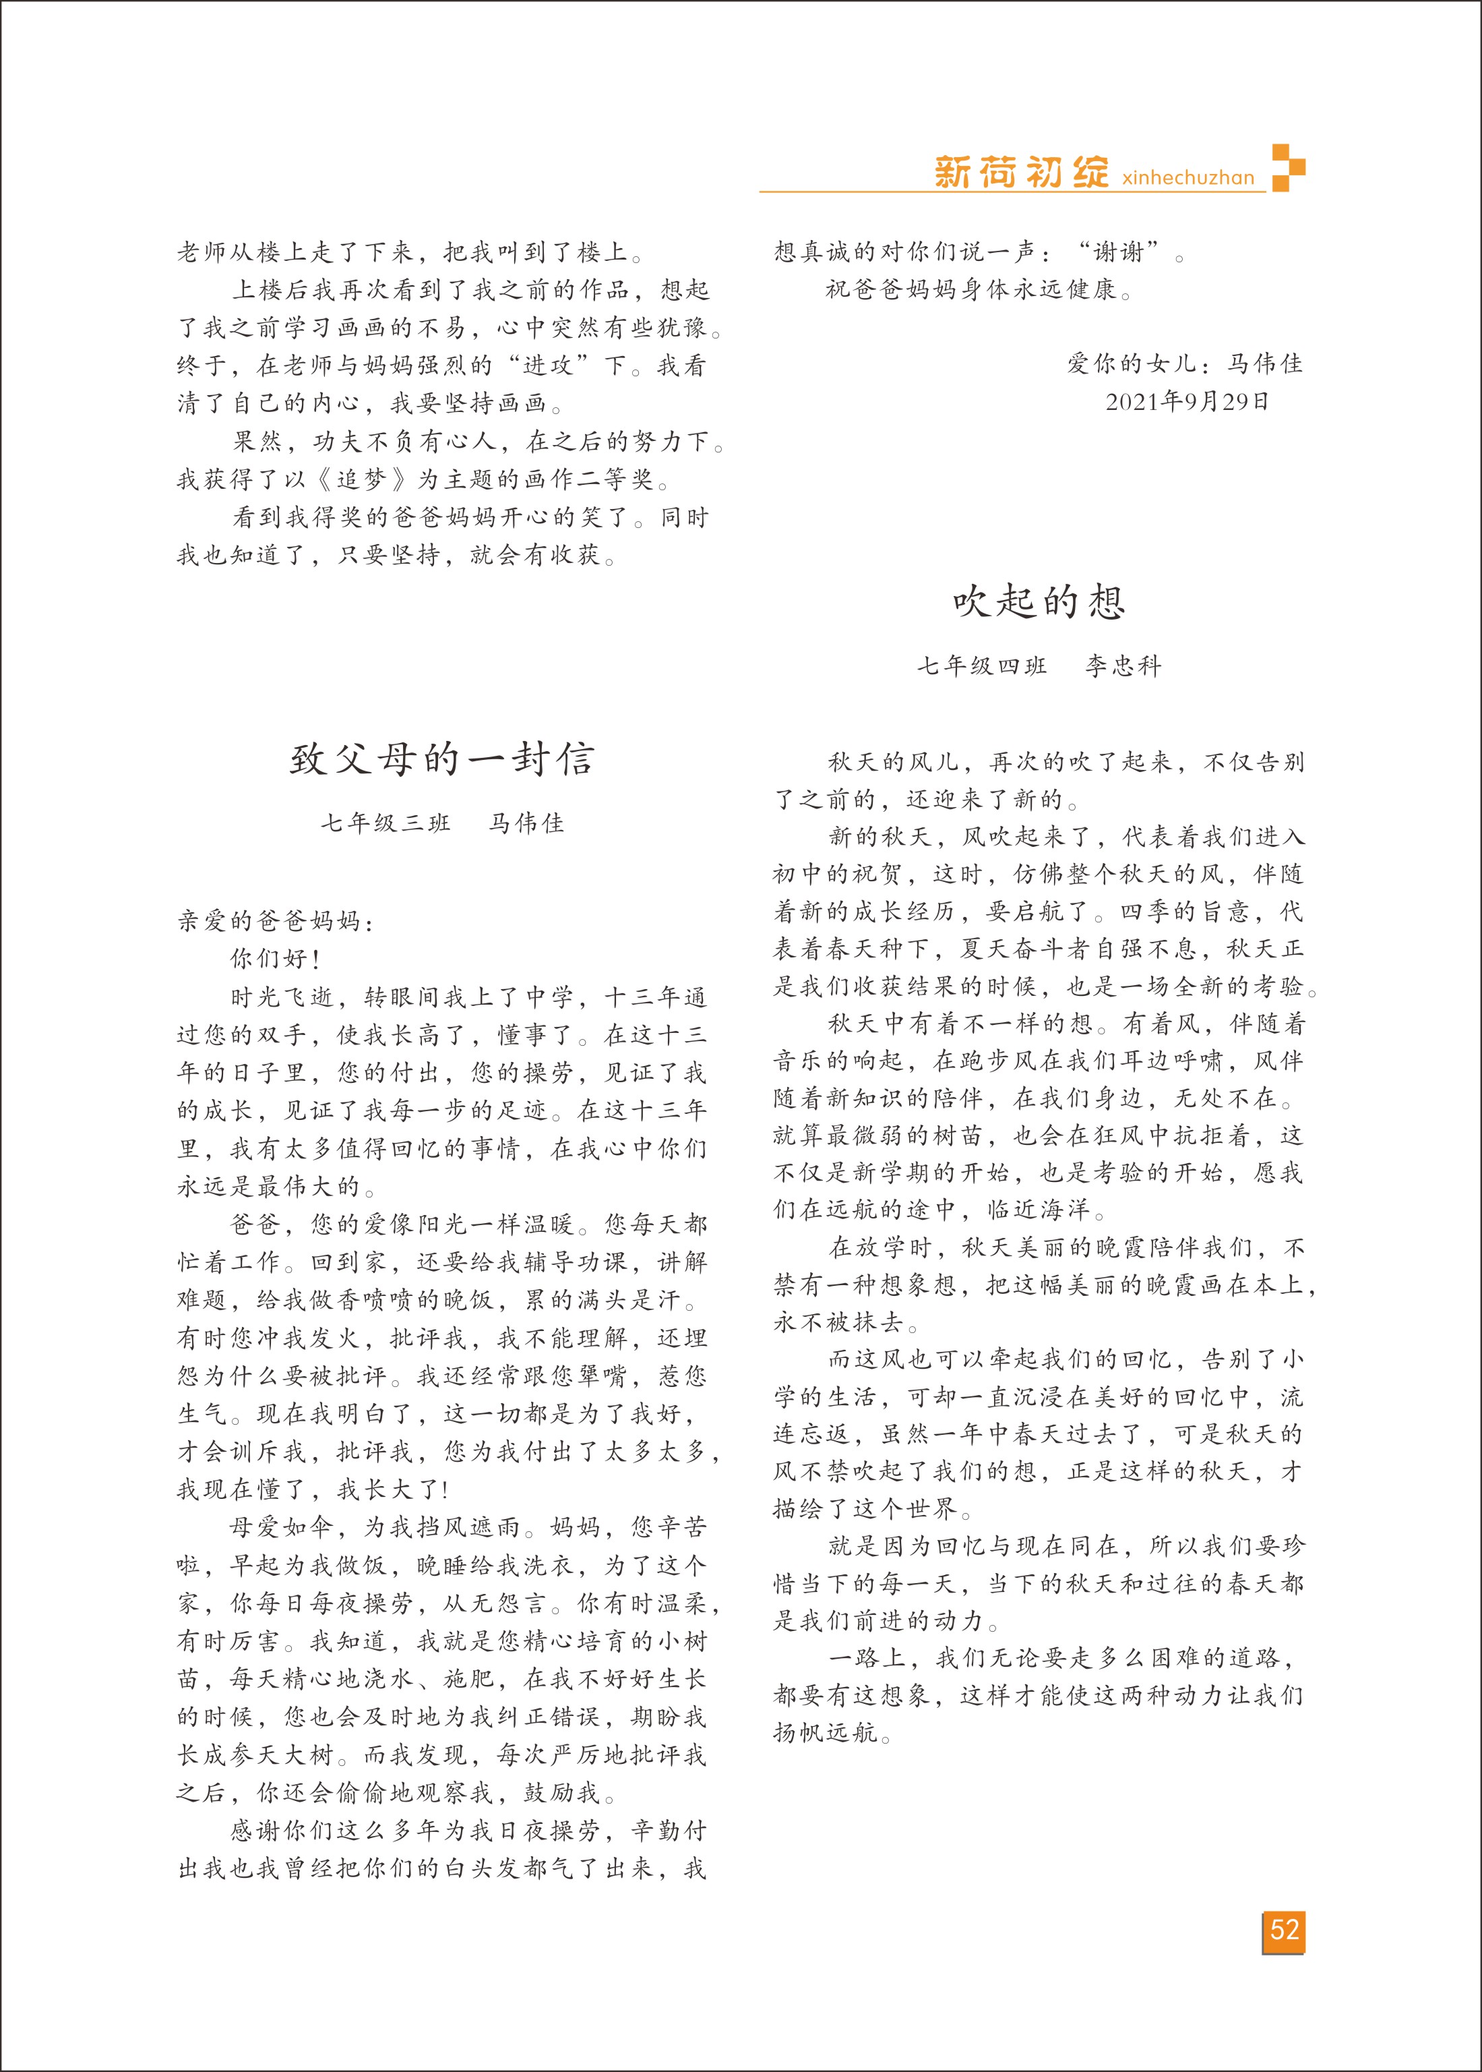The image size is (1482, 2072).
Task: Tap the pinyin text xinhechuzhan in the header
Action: (1188, 177)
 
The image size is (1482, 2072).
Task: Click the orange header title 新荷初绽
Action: (1021, 172)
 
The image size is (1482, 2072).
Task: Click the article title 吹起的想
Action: (1039, 601)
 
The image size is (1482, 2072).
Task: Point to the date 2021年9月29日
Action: (1186, 402)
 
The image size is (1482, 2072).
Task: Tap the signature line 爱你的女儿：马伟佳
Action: (1185, 363)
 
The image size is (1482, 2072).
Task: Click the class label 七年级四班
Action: (982, 666)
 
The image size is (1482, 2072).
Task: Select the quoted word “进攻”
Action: (547, 365)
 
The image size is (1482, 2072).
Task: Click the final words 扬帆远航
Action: (825, 1732)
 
